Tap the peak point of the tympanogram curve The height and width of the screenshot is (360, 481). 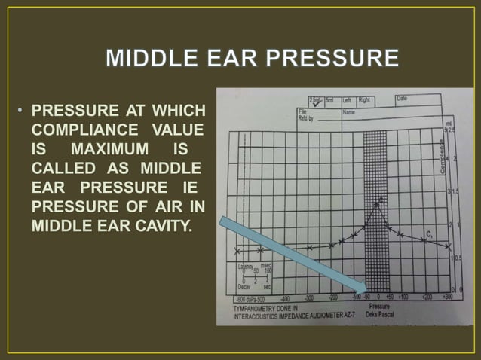click(381, 199)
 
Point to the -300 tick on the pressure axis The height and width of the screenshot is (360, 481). click(308, 297)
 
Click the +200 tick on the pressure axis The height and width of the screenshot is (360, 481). click(426, 297)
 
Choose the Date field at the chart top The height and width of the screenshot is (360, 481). click(402, 99)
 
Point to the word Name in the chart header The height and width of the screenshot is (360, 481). click(348, 111)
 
